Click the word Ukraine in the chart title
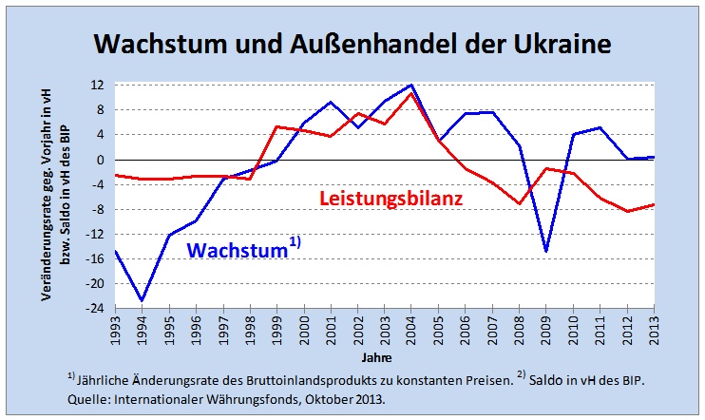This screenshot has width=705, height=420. click(x=551, y=45)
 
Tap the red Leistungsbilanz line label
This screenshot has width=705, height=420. click(x=390, y=200)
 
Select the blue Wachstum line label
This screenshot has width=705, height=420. click(x=237, y=251)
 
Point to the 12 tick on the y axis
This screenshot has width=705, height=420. click(x=97, y=86)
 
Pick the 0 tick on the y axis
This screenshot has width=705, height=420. click(x=100, y=160)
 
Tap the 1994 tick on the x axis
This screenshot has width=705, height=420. click(x=143, y=330)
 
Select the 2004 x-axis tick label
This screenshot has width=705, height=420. click(x=411, y=330)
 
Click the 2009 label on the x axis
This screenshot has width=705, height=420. click(x=546, y=330)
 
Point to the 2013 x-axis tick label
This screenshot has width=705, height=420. click(x=655, y=330)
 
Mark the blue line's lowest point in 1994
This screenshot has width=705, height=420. click(x=143, y=301)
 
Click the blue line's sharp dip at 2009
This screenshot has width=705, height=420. click(x=546, y=251)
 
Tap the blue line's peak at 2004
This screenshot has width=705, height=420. click(x=411, y=86)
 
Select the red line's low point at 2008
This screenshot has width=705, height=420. click(x=520, y=203)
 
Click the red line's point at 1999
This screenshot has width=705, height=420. click(x=276, y=126)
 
